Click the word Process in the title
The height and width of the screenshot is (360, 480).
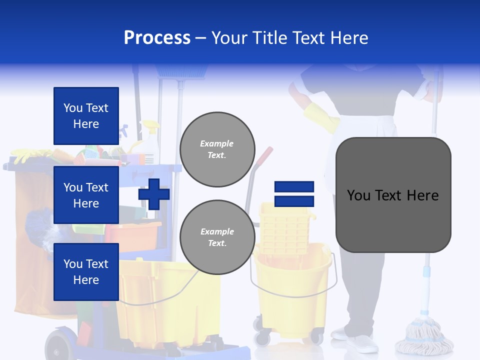(157, 38)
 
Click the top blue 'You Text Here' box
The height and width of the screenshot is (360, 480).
(86, 116)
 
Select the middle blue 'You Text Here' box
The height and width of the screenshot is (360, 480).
(86, 195)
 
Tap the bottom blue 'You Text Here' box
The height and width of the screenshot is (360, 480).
(86, 272)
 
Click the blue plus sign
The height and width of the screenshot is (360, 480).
(154, 194)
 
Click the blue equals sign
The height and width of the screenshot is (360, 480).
(294, 194)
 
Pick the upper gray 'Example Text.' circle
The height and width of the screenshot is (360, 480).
(217, 149)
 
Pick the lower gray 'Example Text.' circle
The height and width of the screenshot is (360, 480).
(217, 237)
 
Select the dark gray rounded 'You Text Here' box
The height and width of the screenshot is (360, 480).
(393, 195)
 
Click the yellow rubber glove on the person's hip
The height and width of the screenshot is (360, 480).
(320, 117)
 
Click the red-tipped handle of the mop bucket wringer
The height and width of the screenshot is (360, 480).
(267, 152)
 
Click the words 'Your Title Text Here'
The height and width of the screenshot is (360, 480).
(290, 38)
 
